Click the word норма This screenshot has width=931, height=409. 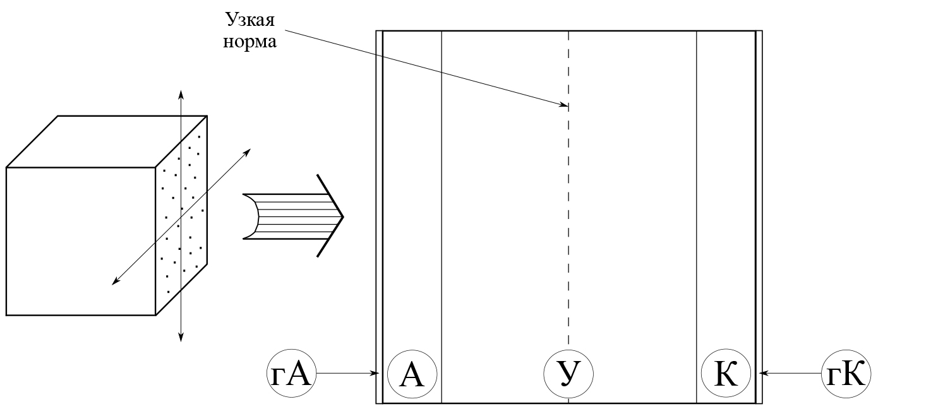pyautogui.click(x=249, y=42)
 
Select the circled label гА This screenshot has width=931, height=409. pyautogui.click(x=291, y=373)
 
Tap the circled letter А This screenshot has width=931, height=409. pyautogui.click(x=412, y=374)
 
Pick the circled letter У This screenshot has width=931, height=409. pyautogui.click(x=568, y=374)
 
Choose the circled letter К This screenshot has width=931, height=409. pyautogui.click(x=726, y=374)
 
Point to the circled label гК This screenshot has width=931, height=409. pyautogui.click(x=846, y=373)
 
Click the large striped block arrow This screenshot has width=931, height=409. pyautogui.click(x=294, y=216)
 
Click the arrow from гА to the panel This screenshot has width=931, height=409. pyautogui.click(x=347, y=373)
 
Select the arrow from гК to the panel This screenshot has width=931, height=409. pyautogui.click(x=791, y=373)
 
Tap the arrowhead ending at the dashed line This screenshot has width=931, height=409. pyautogui.click(x=564, y=105)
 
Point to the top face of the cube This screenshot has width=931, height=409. pyautogui.click(x=106, y=141)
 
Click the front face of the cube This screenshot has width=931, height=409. pyautogui.click(x=81, y=241)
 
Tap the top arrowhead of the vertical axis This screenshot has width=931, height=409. pyautogui.click(x=181, y=93)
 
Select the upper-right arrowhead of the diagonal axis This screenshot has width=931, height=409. pyautogui.click(x=248, y=151)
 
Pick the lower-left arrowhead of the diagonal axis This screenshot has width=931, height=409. pyautogui.click(x=116, y=282)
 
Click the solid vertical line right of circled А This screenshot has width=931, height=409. pyautogui.click(x=441, y=216)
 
